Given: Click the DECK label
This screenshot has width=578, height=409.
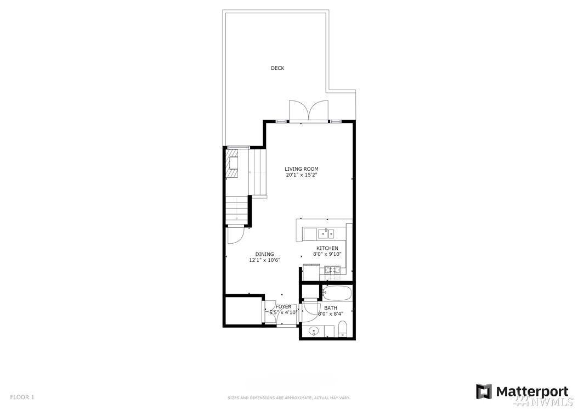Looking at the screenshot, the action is (x=277, y=68).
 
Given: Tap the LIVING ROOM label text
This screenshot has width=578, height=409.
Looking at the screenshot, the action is (x=302, y=169).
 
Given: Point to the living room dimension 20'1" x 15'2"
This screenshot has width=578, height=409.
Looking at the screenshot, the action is (x=302, y=175).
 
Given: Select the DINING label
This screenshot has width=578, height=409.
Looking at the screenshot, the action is (x=265, y=254).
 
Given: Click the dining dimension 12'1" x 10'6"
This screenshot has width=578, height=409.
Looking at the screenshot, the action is (x=265, y=260).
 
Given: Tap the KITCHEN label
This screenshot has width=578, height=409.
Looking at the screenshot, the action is (x=327, y=248).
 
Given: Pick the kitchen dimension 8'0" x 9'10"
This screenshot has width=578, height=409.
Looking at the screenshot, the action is (x=327, y=254).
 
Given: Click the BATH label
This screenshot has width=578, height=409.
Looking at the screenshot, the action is (x=331, y=308).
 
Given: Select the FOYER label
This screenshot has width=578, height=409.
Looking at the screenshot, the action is (x=284, y=306).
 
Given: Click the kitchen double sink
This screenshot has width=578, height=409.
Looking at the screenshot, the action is (x=326, y=233).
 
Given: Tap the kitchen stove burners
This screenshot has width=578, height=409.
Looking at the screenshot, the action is (x=333, y=270).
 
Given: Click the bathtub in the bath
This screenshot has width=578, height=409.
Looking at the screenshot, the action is (x=337, y=294).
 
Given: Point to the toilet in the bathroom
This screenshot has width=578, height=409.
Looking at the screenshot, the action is (x=343, y=329).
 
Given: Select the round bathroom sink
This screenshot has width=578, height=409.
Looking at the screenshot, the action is (x=314, y=331).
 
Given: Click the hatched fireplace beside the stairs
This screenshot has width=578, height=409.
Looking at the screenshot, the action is (x=232, y=163).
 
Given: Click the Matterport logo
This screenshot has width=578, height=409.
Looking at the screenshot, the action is (x=522, y=391).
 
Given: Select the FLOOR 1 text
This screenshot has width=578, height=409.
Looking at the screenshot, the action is (x=22, y=397).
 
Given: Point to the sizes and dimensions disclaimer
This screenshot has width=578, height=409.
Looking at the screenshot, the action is (x=289, y=398).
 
